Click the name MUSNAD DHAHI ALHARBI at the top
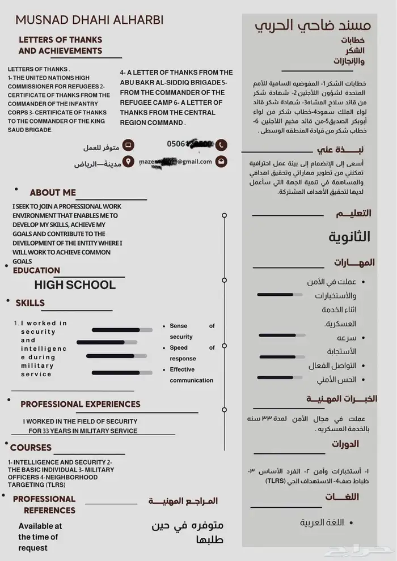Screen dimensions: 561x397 click(89, 20)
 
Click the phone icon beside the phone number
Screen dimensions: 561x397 click(221, 144)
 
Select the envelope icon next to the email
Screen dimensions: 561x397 click(221, 161)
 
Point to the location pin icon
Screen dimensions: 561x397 click(129, 162)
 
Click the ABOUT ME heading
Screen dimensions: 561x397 click(53, 193)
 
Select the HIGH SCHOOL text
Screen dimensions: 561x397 click(74, 284)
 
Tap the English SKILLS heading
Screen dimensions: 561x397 click(30, 303)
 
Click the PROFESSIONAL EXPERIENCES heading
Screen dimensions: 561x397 click(80, 404)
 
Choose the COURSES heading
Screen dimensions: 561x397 click(31, 448)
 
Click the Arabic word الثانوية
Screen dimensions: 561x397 click(349, 237)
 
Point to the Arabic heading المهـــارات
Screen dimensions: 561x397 click(354, 263)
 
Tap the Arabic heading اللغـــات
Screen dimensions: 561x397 click(350, 497)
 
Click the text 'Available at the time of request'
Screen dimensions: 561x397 click(40, 537)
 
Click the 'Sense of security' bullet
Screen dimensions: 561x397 click(192, 331)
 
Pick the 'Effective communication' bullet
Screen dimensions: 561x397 click(191, 375)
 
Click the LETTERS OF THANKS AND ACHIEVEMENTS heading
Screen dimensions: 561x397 click(60, 45)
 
